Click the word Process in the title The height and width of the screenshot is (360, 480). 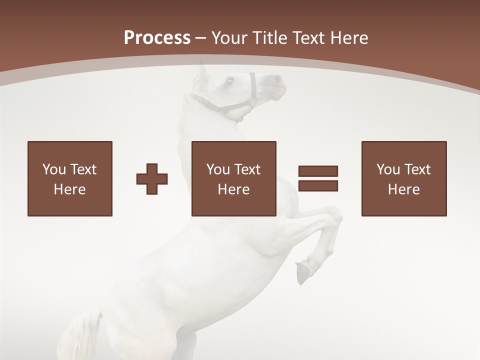[x=157, y=38]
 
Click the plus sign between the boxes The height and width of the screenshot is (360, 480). [x=152, y=178]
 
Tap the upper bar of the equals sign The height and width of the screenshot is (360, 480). [x=318, y=171]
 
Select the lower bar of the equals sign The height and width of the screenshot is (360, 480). [x=318, y=185]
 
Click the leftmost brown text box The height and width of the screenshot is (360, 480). [x=70, y=178]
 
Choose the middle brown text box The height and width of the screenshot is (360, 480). [x=234, y=178]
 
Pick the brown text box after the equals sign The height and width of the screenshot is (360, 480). [x=404, y=178]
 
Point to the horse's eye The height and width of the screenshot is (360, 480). [x=230, y=81]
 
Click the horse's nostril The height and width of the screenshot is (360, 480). [x=276, y=79]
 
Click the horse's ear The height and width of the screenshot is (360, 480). [x=201, y=73]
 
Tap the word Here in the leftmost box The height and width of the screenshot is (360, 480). [x=70, y=189]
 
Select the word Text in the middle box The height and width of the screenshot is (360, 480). [x=247, y=169]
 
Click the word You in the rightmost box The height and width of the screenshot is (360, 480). [x=388, y=169]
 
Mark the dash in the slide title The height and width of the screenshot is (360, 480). [x=201, y=38]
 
